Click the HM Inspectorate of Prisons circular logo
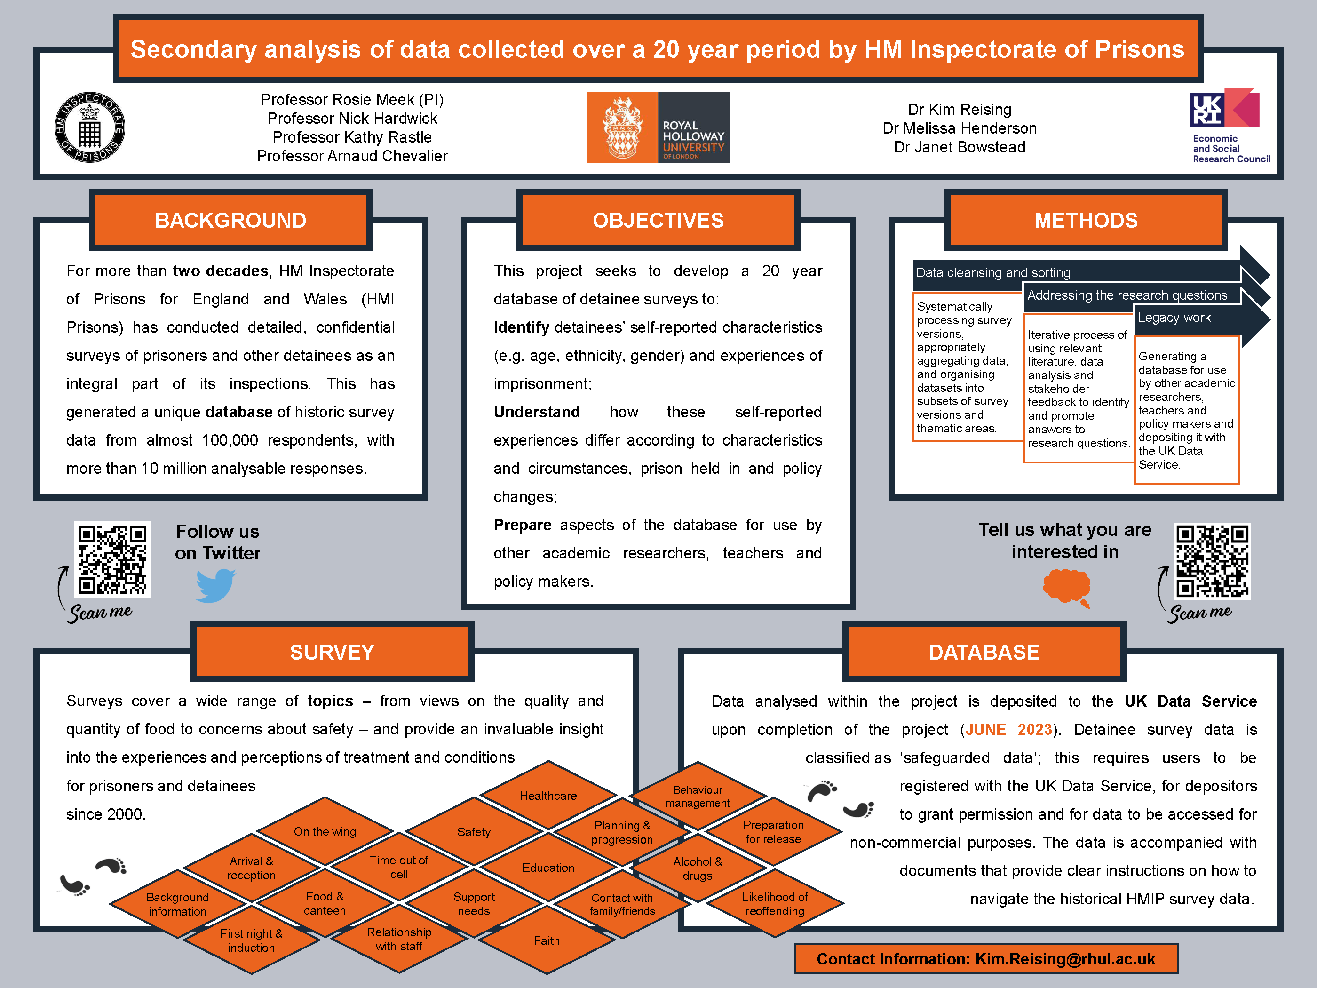click(x=90, y=127)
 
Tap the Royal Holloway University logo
click(x=658, y=127)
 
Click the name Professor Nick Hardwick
click(x=352, y=119)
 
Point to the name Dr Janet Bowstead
click(x=959, y=147)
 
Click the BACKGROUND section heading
click(x=230, y=220)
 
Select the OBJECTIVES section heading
click(x=658, y=220)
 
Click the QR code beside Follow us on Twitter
click(x=112, y=560)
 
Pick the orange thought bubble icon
click(x=1067, y=587)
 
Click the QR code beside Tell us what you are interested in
click(x=1212, y=560)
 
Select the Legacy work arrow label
click(x=1174, y=318)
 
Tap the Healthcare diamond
click(x=548, y=796)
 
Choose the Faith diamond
click(x=547, y=940)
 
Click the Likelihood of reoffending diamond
click(x=775, y=904)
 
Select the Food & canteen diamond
click(x=325, y=903)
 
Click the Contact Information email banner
click(x=985, y=959)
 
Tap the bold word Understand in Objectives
click(x=537, y=412)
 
